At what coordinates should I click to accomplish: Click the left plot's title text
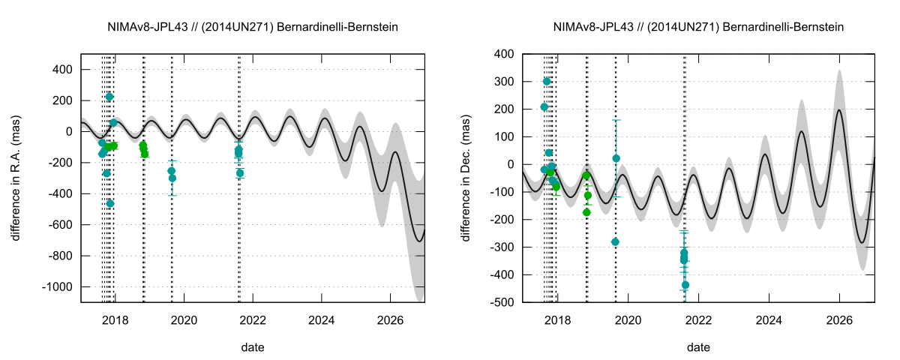252,27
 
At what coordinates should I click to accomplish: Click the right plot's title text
698,27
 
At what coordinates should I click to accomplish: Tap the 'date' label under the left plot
252,347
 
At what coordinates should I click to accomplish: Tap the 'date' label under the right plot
698,347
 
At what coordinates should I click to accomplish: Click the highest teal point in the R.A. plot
109,97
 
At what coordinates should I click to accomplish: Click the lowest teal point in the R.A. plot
110,203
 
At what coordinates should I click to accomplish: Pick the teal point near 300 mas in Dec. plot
547,82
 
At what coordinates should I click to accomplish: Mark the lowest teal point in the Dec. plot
685,285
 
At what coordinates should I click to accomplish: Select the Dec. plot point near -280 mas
615,241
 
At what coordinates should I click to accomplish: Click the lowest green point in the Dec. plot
586,212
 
